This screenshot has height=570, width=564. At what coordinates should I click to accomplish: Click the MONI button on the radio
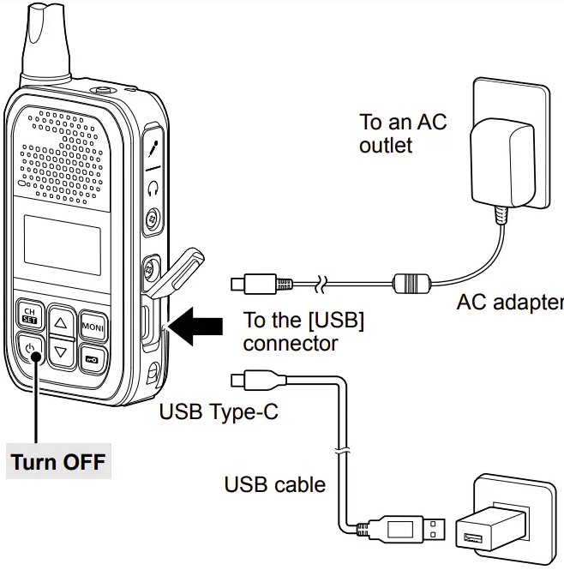93,327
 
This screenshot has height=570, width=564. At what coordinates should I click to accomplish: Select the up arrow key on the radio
60,323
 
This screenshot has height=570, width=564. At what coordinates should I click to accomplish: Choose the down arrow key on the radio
60,351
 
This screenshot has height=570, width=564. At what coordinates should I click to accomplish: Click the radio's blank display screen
61,244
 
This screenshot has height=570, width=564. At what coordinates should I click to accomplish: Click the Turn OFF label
58,463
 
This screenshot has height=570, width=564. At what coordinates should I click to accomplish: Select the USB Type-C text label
219,412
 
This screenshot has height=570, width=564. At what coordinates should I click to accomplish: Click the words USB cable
274,484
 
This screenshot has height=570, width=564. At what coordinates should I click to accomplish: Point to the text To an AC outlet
402,134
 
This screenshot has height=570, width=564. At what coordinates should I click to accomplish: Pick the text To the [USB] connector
303,332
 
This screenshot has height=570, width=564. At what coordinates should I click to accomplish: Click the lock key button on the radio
92,356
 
